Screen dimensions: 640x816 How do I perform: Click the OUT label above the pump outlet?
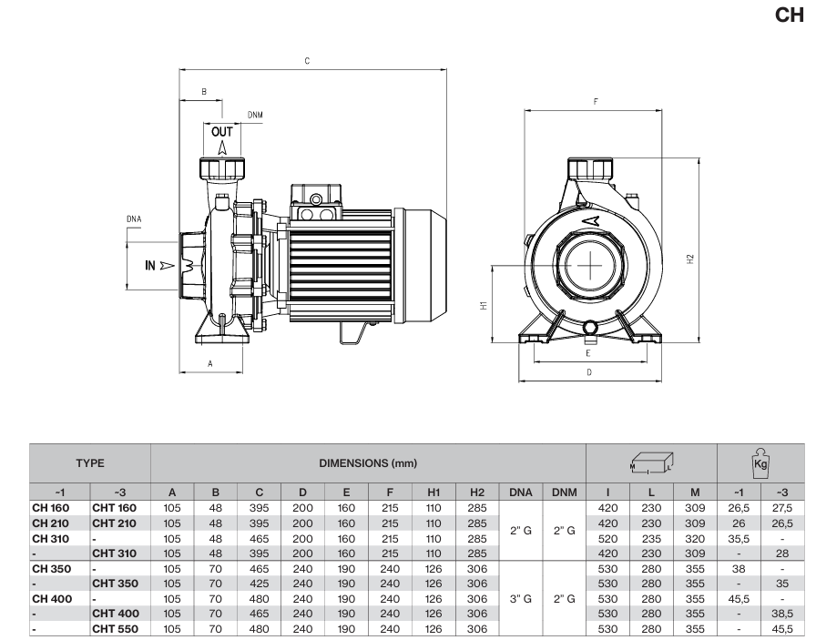222,131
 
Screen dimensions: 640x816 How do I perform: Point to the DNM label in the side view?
255,116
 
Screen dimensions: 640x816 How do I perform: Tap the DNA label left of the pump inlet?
134,218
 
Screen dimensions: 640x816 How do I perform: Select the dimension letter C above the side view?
307,61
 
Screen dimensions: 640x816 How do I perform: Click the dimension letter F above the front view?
594,101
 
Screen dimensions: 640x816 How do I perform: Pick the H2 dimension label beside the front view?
691,259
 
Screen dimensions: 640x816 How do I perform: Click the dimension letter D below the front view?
589,372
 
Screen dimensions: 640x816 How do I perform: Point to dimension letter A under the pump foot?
210,362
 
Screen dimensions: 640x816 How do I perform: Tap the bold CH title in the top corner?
788,15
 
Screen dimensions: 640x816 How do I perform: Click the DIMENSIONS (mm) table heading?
368,463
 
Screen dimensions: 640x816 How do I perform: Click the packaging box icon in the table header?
651,463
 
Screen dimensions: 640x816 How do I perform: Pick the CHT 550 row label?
114,628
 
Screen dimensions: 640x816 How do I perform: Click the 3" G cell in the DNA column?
521,598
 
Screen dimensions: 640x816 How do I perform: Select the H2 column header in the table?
476,492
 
